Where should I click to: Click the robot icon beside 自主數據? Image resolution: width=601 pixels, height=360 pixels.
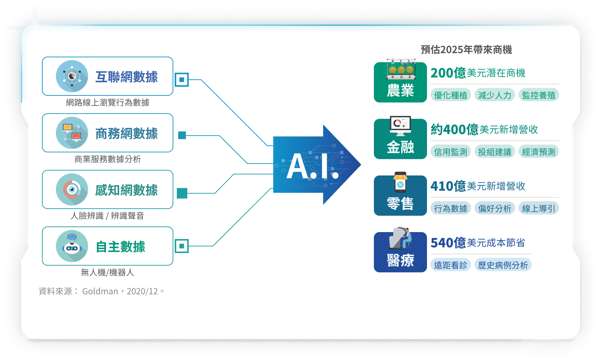[x=72, y=246]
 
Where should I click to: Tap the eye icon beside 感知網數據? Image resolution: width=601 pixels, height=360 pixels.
[x=72, y=189]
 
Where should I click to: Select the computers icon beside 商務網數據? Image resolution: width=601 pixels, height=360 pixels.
[x=72, y=133]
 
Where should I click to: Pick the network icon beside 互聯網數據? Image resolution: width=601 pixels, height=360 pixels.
[x=72, y=76]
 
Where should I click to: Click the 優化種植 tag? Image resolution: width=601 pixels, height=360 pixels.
[x=451, y=95]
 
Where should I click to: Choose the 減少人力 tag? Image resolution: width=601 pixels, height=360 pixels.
[x=495, y=95]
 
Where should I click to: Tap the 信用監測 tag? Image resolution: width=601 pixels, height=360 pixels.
[x=451, y=152]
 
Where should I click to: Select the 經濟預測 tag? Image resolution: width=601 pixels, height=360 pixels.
[x=539, y=152]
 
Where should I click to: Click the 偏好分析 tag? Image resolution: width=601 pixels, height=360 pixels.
[x=495, y=208]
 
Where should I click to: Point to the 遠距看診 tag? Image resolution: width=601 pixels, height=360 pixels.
[x=451, y=265]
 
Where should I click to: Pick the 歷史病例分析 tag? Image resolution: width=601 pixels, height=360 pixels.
[x=503, y=265]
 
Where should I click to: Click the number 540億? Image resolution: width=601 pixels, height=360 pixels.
[x=448, y=243]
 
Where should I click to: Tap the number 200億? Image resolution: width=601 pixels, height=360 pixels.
[x=448, y=73]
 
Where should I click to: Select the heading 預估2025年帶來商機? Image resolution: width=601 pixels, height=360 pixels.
[x=466, y=50]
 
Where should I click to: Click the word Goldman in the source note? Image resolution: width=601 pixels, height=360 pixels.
[x=100, y=291]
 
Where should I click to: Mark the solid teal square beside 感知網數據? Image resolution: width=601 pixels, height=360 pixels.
[x=182, y=193]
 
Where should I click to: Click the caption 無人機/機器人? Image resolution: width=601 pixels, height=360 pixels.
[x=108, y=272]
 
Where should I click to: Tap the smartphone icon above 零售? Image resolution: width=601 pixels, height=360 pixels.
[x=400, y=182]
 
